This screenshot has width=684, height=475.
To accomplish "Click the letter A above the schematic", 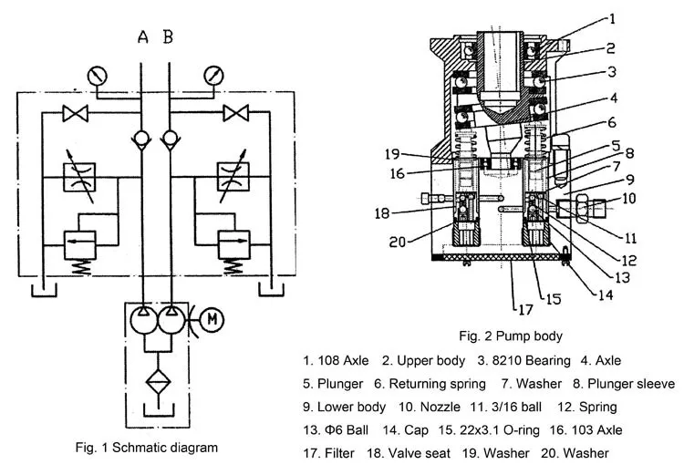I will (142, 38).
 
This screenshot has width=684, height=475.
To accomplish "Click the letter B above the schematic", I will (169, 38).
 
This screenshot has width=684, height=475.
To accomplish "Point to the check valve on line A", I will (142, 139).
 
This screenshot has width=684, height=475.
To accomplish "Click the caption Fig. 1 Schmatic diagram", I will (146, 448).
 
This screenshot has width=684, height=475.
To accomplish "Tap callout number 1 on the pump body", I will (613, 17).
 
